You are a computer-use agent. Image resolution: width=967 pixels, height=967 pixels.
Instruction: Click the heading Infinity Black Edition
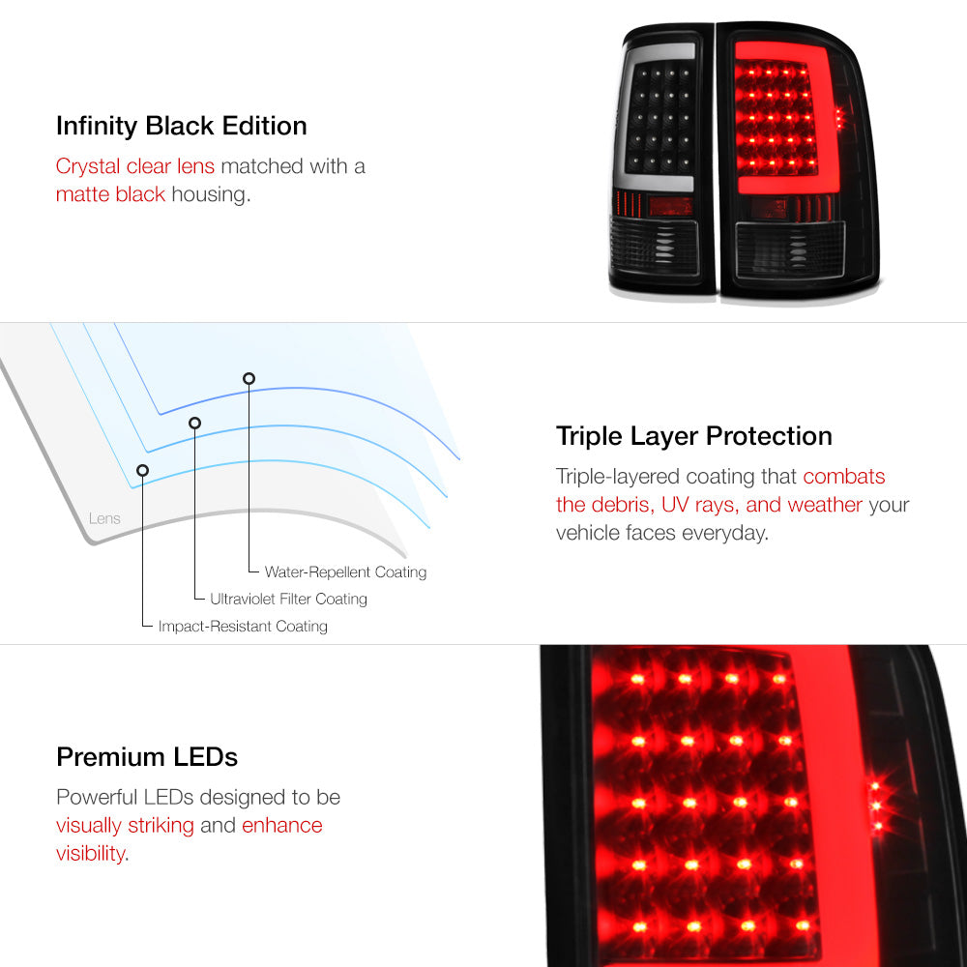coord(182,126)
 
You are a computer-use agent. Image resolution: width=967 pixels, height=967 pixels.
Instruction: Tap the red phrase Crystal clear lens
coord(135,166)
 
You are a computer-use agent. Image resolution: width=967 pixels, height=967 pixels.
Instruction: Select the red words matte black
coord(110,194)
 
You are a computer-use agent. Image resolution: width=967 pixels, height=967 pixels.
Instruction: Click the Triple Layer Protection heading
coord(693,437)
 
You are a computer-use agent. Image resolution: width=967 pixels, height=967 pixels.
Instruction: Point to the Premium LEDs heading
coord(147,757)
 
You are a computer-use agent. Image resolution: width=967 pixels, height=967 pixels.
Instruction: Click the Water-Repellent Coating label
coord(345,572)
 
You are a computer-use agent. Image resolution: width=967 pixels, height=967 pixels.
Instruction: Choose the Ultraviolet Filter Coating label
coord(288,599)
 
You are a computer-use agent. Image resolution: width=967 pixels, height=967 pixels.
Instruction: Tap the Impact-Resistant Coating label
coord(243,627)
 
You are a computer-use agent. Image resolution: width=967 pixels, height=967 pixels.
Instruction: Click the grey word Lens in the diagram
coord(104,518)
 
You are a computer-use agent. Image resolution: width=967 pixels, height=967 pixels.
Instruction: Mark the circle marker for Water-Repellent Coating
coord(249,379)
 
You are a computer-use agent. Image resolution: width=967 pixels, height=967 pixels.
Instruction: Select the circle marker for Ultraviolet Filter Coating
coord(195,424)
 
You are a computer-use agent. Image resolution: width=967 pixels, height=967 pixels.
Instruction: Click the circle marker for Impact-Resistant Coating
coord(142,471)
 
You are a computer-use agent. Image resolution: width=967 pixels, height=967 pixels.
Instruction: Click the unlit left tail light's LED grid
coord(660,118)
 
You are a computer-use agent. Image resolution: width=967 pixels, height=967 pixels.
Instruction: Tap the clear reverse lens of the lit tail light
coord(789,249)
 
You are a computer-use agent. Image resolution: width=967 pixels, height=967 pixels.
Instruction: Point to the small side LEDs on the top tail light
coord(839,118)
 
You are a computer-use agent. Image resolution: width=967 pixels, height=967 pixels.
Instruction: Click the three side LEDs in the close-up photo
coord(876,806)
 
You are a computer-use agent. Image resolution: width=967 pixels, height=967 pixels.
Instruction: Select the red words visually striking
coord(125,825)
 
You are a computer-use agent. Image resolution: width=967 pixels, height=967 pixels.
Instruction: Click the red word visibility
coord(91,854)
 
